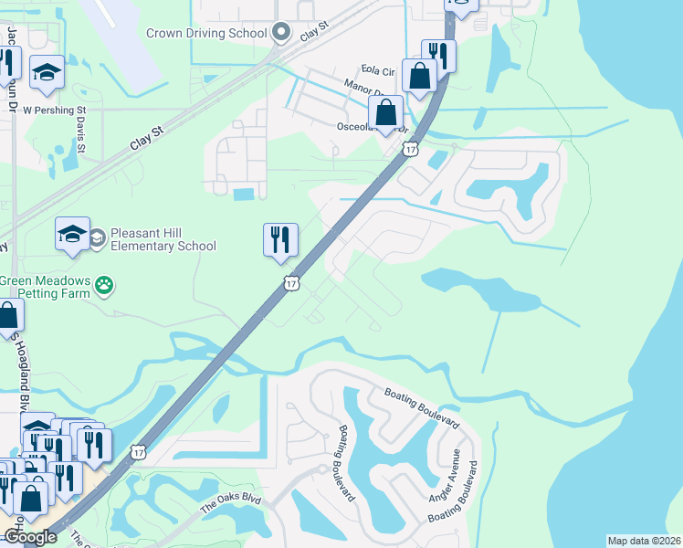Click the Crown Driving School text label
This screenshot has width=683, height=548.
(x=207, y=34)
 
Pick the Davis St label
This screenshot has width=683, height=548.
(x=81, y=134)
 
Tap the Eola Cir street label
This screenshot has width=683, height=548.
(x=376, y=70)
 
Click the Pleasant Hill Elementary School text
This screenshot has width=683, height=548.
(x=163, y=239)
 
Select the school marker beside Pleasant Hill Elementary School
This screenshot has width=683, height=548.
(x=72, y=235)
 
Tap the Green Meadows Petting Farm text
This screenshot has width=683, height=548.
(x=46, y=288)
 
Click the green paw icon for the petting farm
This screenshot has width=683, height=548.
(x=108, y=286)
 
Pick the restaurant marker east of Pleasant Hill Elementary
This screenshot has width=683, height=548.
(x=280, y=240)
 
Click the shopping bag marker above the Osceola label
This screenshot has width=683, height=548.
(x=386, y=114)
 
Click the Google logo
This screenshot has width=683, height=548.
(x=30, y=538)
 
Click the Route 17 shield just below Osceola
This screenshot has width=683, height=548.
(x=411, y=148)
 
